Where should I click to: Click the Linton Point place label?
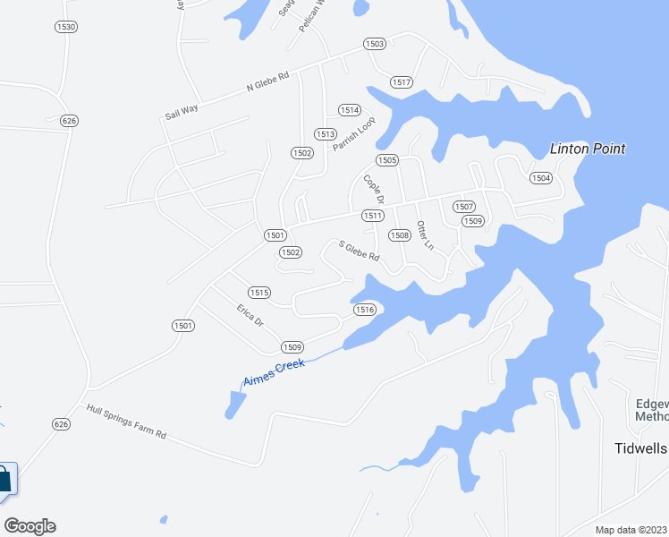click(x=587, y=149)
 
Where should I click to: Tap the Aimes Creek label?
click(x=275, y=372)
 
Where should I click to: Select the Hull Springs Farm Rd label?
click(x=126, y=422)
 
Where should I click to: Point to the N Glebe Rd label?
click(x=268, y=81)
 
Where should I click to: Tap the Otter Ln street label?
click(x=425, y=234)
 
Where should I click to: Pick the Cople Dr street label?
click(x=373, y=189)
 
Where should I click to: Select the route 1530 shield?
click(x=66, y=27)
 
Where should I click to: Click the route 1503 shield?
click(x=374, y=44)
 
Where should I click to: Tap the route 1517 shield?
click(x=401, y=82)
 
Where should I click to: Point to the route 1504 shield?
click(x=540, y=178)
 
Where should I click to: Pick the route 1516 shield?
click(x=363, y=309)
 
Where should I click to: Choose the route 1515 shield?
click(x=259, y=293)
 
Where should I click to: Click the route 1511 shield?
click(x=373, y=216)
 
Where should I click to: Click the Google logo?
click(x=30, y=526)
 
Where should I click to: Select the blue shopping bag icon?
click(x=4, y=478)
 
